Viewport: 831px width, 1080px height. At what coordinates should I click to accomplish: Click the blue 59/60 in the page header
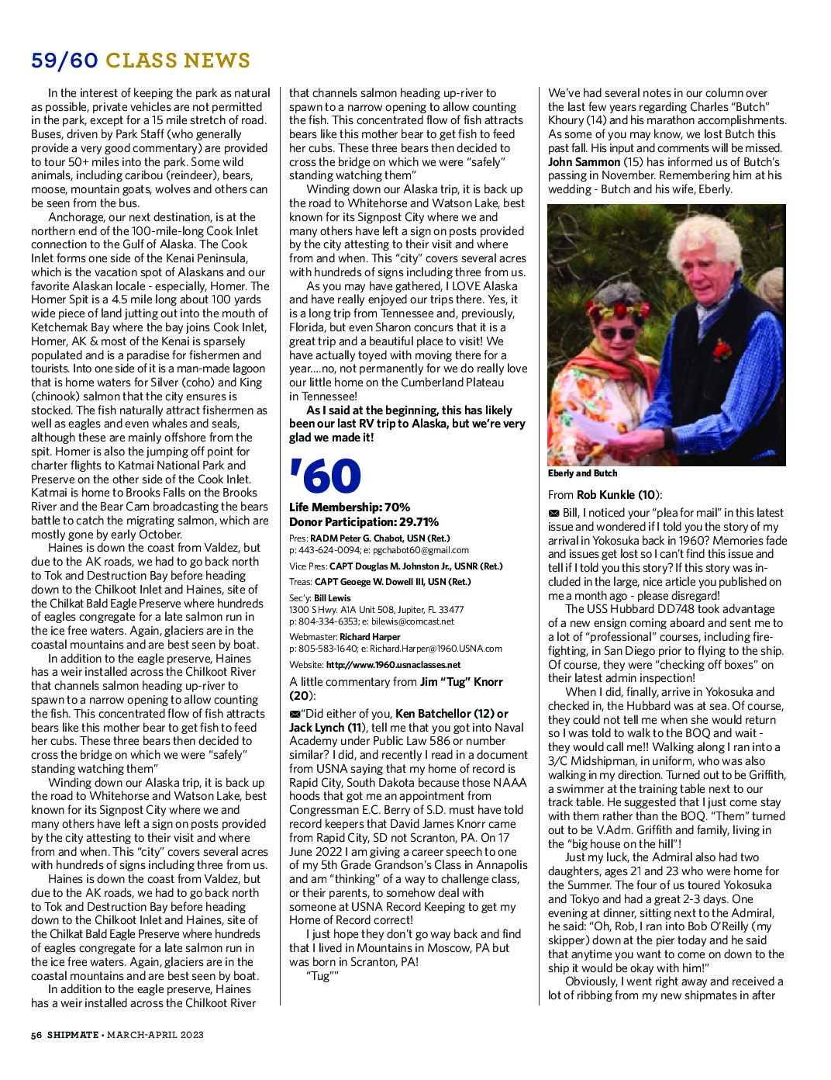pos(64,61)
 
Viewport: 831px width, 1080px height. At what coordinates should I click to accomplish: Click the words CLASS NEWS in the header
pos(178,61)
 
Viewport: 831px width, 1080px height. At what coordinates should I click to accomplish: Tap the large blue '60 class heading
pos(325,476)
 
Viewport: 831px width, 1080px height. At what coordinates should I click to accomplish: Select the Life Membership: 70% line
pos(350,508)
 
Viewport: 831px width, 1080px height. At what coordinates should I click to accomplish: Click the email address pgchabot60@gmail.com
pos(426,550)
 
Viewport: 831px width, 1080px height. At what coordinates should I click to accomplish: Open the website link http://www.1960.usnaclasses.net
pos(393,665)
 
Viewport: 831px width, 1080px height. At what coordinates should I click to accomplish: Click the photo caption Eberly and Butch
pos(582,473)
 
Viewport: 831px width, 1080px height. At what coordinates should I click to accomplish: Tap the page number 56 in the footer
pos(36,1034)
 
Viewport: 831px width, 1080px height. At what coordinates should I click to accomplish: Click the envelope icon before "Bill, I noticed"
pos(553,513)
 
